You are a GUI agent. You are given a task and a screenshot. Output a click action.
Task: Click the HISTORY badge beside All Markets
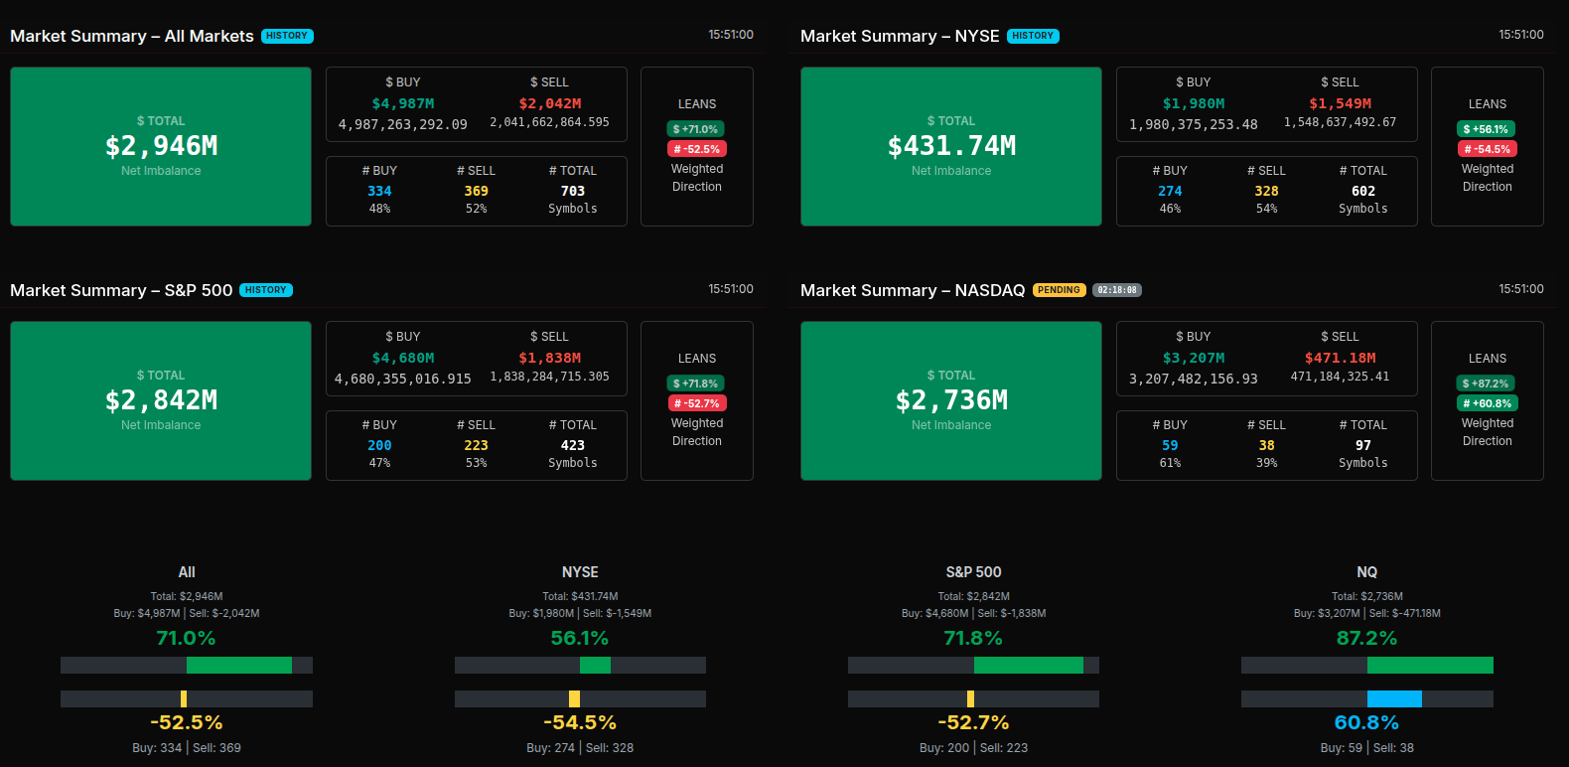click(287, 36)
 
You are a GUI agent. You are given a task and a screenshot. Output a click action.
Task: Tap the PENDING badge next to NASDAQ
click(1059, 290)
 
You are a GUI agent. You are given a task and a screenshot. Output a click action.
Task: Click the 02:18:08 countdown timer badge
click(1117, 290)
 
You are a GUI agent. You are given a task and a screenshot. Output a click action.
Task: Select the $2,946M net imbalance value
click(161, 146)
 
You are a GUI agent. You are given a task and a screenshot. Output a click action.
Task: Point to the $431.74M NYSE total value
click(951, 146)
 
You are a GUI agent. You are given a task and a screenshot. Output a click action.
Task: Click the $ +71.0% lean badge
click(695, 129)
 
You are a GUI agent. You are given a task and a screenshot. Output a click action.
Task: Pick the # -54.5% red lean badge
click(1487, 149)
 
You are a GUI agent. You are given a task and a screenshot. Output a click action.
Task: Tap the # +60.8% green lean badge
click(1487, 403)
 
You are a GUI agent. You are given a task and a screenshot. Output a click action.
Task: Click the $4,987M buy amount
click(402, 103)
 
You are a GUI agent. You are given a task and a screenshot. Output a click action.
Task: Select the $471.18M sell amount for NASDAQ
click(1340, 358)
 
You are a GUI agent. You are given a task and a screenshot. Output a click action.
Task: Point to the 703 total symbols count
click(573, 191)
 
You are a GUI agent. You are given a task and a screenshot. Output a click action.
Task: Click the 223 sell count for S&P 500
click(477, 445)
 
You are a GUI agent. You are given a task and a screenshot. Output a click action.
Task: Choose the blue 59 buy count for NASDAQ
click(1170, 445)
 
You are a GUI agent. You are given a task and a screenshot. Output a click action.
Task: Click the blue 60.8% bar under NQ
click(1394, 698)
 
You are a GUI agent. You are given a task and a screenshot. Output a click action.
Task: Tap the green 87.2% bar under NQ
click(1430, 665)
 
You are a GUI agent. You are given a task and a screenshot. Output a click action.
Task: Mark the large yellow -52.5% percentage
click(187, 722)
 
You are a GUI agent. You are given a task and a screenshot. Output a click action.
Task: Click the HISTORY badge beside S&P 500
click(266, 290)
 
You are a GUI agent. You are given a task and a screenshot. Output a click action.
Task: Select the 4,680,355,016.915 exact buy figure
click(402, 379)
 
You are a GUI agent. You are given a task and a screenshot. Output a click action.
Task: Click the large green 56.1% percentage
click(580, 638)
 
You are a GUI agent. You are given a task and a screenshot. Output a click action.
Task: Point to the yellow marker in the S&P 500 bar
click(970, 698)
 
